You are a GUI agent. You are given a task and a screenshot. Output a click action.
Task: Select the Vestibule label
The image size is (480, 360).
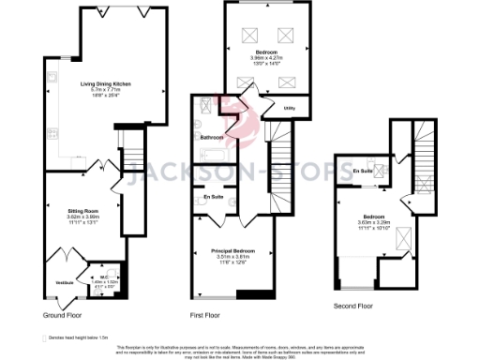click(x=64, y=282)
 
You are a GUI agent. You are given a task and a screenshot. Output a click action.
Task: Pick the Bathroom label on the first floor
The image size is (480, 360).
click(x=211, y=137)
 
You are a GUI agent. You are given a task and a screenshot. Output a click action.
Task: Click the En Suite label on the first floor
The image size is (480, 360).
click(x=213, y=197)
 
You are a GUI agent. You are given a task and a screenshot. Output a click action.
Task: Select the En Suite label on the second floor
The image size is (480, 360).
click(x=362, y=171)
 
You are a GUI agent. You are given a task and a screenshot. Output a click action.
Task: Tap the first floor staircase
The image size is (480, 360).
click(x=281, y=159)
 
